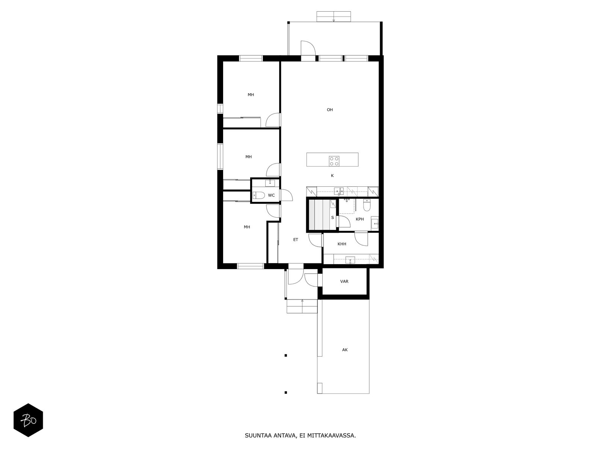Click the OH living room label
(330, 110)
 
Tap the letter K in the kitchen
(332, 176)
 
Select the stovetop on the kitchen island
(334, 161)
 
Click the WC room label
(271, 195)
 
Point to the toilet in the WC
(258, 195)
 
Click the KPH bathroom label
(359, 219)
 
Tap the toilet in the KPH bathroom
(367, 205)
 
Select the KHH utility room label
(342, 244)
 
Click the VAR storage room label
(344, 281)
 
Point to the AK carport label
(345, 350)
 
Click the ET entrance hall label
(296, 240)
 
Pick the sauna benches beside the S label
(319, 215)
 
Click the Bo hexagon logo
(28, 420)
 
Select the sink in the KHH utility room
(350, 260)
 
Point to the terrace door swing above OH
(308, 48)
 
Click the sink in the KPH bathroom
(374, 224)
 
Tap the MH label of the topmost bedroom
(251, 95)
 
